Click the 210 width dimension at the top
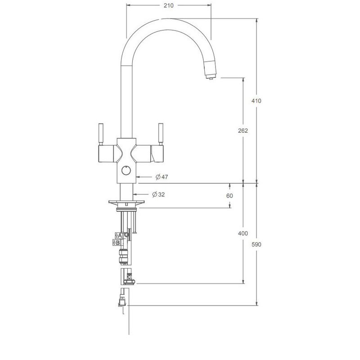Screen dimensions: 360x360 coord(168,5)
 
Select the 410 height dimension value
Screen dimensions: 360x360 coord(256,101)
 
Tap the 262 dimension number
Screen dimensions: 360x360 coord(243,130)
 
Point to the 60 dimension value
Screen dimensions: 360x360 coord(229,196)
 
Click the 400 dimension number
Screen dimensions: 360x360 coord(243,234)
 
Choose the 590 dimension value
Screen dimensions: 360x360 coord(256,244)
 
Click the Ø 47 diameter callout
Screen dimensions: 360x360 coord(162,177)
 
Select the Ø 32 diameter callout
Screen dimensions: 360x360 coord(158,194)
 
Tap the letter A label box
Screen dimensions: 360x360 coord(119,235)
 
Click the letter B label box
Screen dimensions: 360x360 coord(117,243)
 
